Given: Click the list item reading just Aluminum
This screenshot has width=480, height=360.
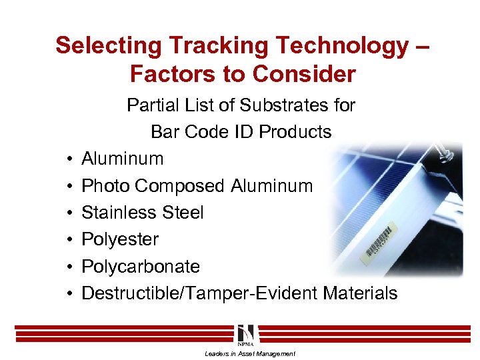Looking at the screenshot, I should coord(122,159).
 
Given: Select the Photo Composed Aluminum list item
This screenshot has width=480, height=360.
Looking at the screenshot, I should coord(197,186).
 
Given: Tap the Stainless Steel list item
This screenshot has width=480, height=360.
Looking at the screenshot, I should coord(142,213).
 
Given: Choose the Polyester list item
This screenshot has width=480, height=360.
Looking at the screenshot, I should coord(120,239).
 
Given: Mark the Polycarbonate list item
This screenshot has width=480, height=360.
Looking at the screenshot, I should coord(140,266).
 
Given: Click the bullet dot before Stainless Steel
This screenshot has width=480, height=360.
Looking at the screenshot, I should coord(69,213).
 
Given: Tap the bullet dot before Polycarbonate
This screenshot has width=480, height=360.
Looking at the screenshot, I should coord(69,267).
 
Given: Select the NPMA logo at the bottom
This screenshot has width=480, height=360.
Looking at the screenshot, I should coord(245,335).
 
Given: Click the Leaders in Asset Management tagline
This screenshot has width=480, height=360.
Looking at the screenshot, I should coord(249,353).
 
